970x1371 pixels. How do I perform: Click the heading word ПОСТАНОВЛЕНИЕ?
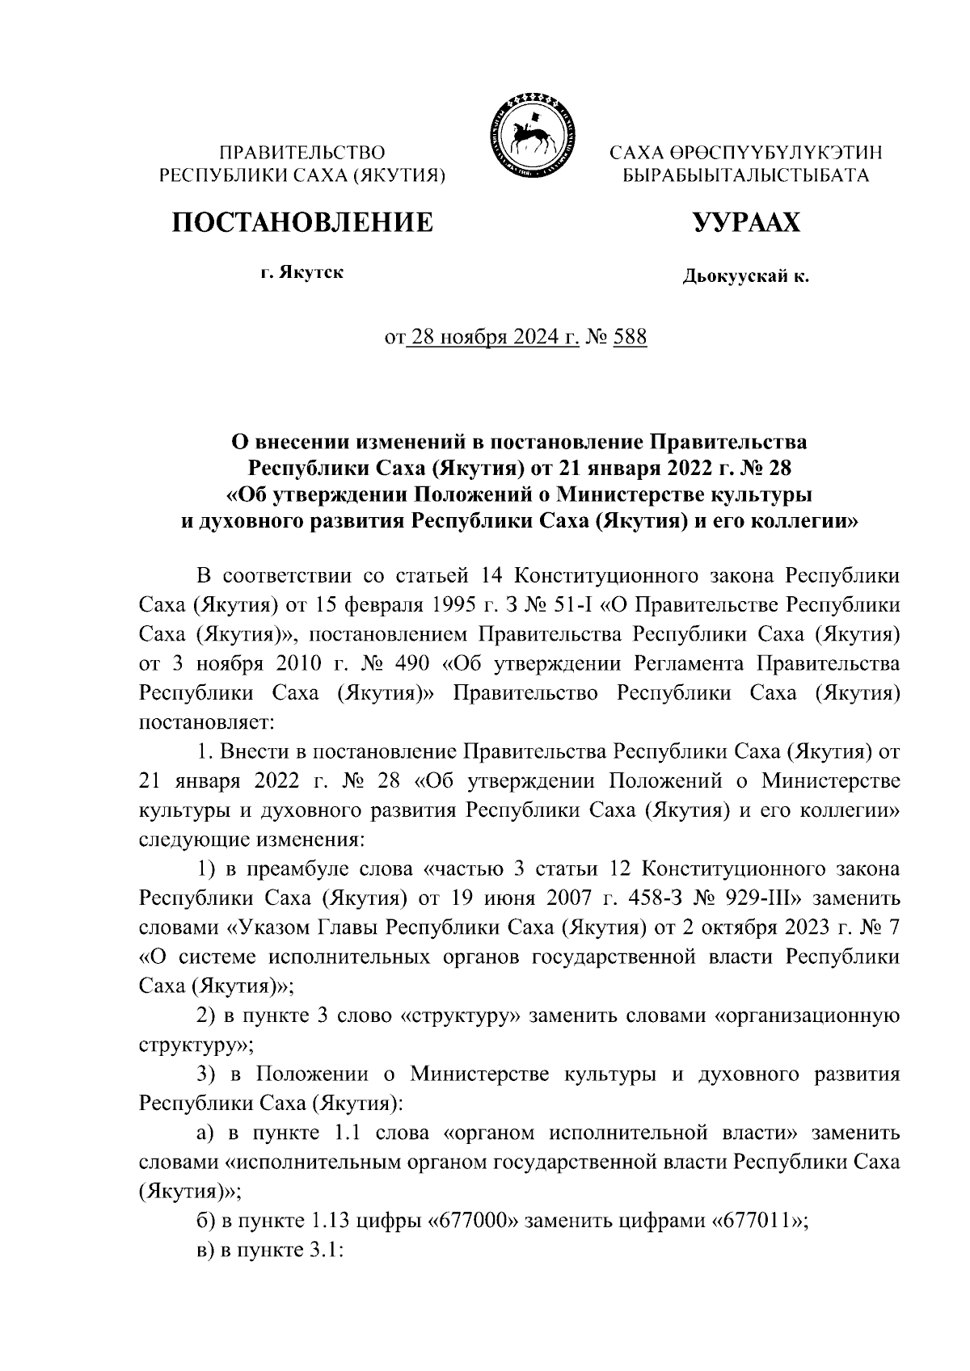[x=301, y=222]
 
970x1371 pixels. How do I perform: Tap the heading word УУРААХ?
[x=744, y=222]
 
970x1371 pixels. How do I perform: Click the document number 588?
[x=630, y=337]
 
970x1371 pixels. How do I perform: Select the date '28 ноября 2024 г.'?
[x=495, y=337]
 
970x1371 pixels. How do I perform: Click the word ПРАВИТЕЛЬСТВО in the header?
[x=302, y=152]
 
